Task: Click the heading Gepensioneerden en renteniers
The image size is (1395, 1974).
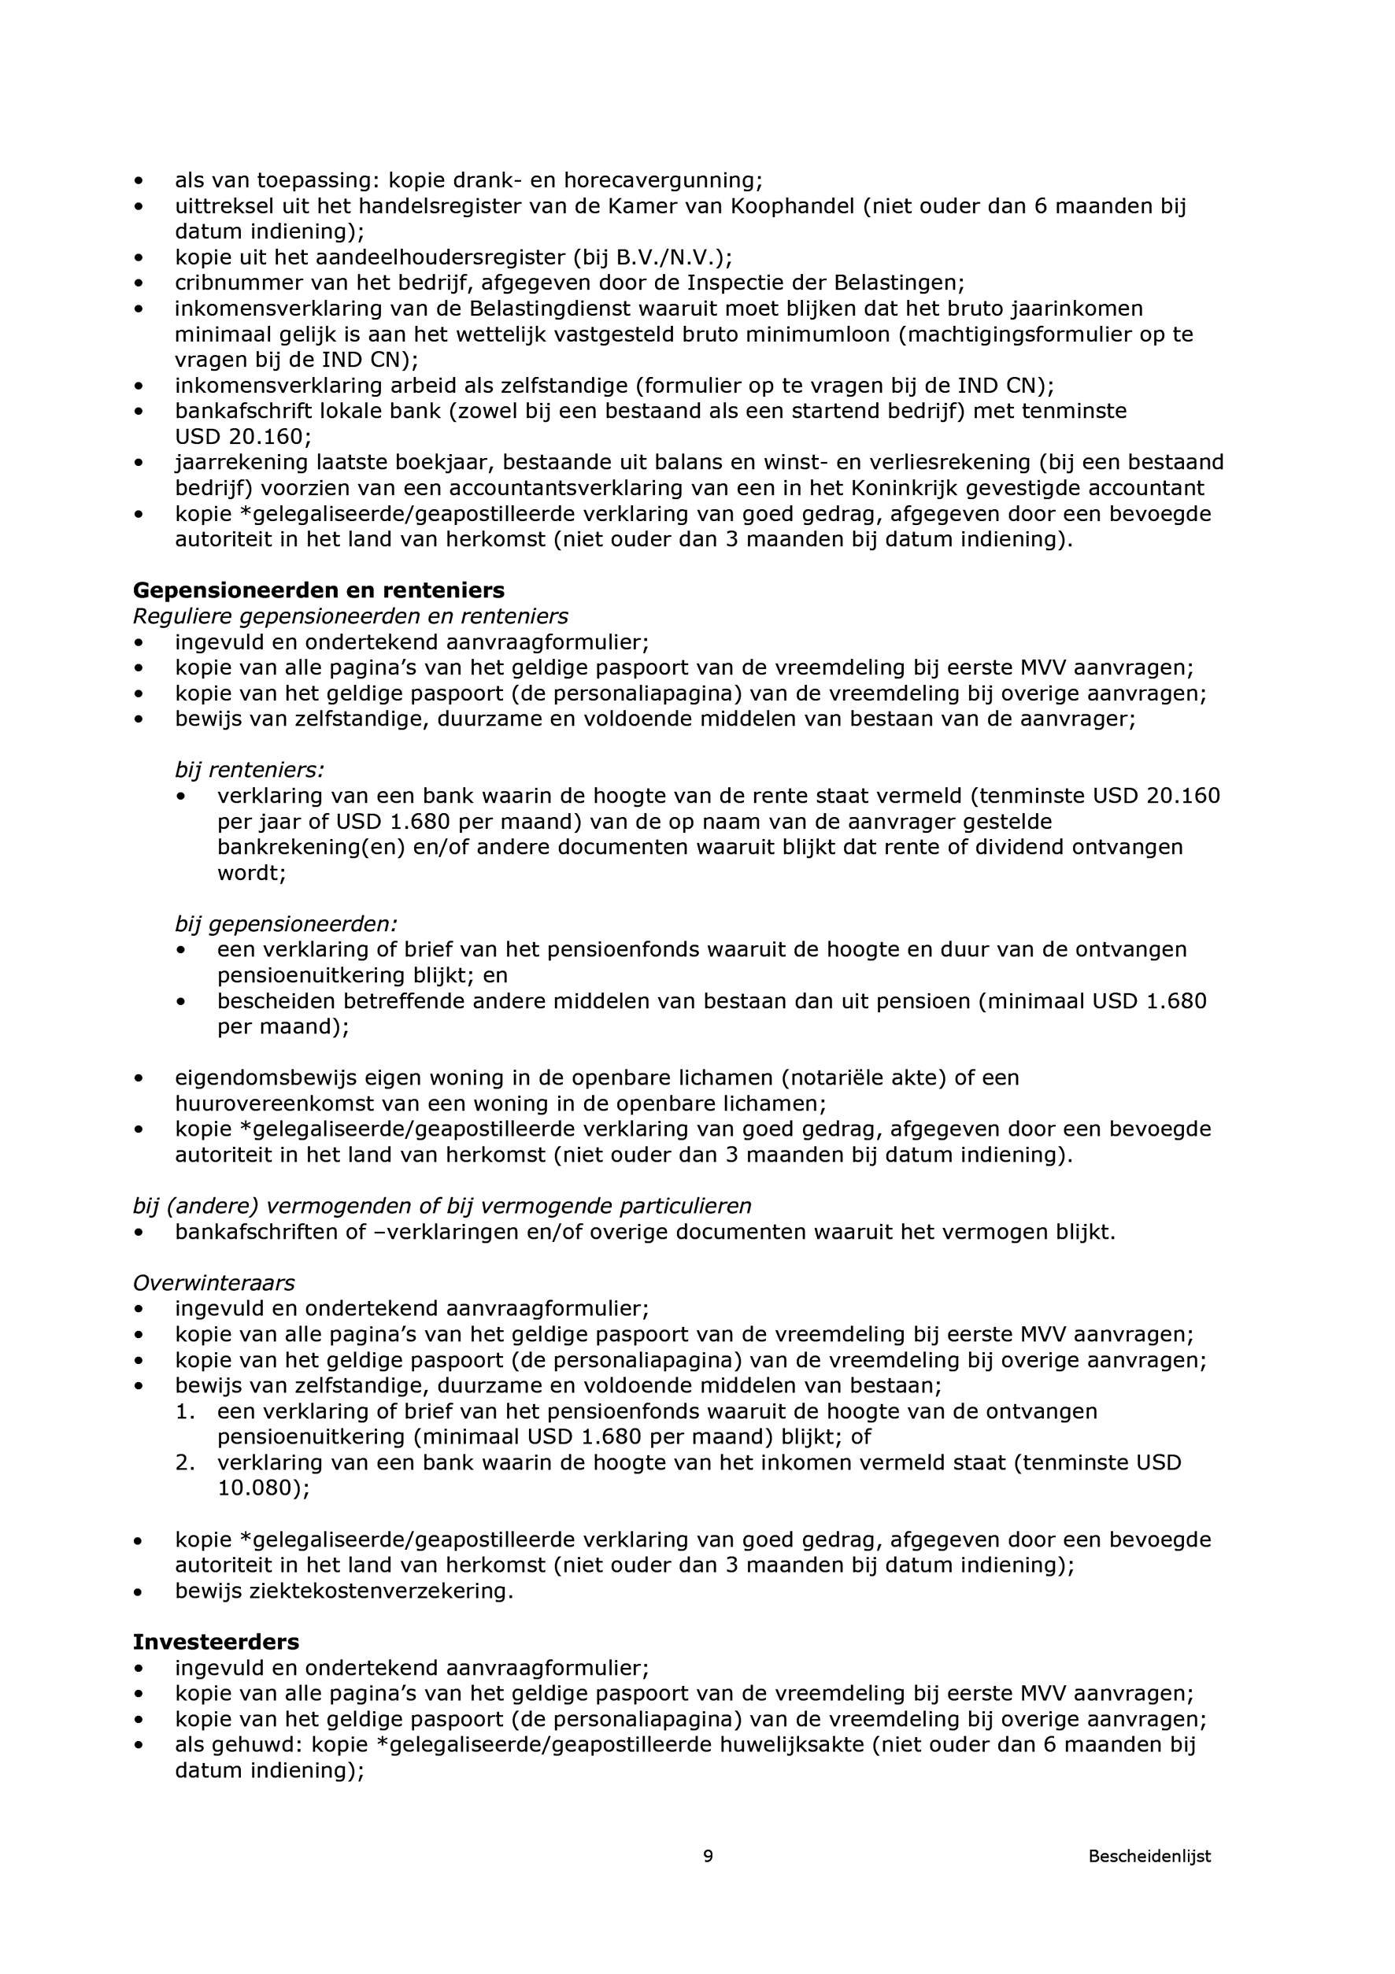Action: [318, 590]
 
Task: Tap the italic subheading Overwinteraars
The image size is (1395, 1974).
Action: [213, 1283]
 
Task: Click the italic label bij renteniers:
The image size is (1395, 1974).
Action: [250, 770]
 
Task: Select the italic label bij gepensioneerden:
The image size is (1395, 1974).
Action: [287, 924]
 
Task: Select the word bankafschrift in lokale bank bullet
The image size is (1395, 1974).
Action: [232, 411]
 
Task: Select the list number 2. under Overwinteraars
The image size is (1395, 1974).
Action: [185, 1462]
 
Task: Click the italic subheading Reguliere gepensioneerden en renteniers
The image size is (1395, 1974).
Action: [350, 616]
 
